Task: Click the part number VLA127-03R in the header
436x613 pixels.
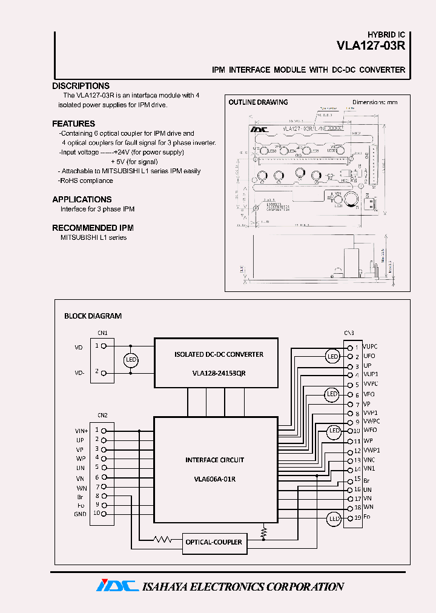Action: coord(371,45)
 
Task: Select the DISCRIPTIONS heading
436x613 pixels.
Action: coord(81,86)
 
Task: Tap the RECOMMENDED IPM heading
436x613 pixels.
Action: coord(93,228)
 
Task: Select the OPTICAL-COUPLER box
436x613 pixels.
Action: coord(214,542)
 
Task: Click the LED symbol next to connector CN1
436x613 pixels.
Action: coord(131,360)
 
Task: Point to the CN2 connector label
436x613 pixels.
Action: coord(102,415)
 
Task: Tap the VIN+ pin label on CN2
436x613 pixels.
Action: coord(81,430)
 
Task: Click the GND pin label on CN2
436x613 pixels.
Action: coord(81,514)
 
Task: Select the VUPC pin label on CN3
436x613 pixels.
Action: coord(371,346)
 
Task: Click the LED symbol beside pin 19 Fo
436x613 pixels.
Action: coord(334,519)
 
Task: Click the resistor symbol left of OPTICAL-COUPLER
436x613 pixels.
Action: coord(162,538)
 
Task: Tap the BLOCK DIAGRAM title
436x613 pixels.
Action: coord(93,316)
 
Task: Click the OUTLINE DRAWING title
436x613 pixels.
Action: coord(258,102)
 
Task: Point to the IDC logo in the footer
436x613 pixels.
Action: coord(115,586)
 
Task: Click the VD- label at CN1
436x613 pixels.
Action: coord(79,374)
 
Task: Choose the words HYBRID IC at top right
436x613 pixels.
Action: coord(386,35)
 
